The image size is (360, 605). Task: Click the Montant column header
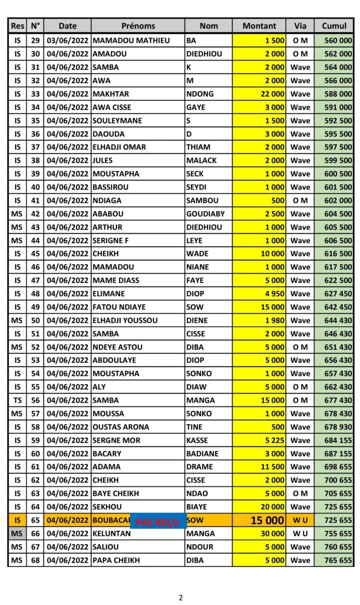259,26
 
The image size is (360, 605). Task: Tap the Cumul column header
334,26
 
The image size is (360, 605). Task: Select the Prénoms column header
138,26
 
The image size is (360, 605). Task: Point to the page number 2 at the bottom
181,597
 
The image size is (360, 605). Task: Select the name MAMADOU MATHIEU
131,41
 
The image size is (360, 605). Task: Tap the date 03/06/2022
67,41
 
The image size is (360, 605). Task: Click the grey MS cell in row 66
17,534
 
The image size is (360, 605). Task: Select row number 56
35,400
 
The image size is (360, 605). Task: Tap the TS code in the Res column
17,400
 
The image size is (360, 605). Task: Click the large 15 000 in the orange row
267,520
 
